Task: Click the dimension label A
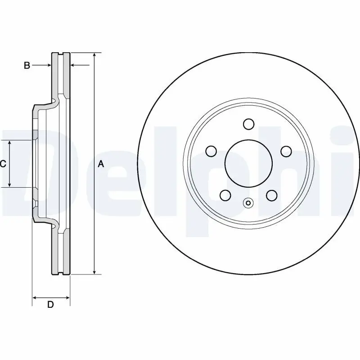click(x=101, y=164)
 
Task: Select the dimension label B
click(x=27, y=66)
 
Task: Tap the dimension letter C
click(x=3, y=164)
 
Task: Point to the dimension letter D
click(x=51, y=305)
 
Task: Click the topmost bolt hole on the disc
click(x=248, y=124)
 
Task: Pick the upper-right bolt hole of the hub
click(x=286, y=151)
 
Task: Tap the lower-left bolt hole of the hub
click(x=225, y=195)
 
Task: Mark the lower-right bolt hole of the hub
click(x=271, y=195)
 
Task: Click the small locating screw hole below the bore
click(x=248, y=203)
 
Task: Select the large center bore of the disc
click(x=248, y=163)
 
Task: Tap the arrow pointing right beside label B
click(x=49, y=66)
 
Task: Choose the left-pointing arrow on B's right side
click(x=74, y=66)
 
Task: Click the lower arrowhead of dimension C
click(x=10, y=184)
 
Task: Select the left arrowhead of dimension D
click(x=35, y=297)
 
